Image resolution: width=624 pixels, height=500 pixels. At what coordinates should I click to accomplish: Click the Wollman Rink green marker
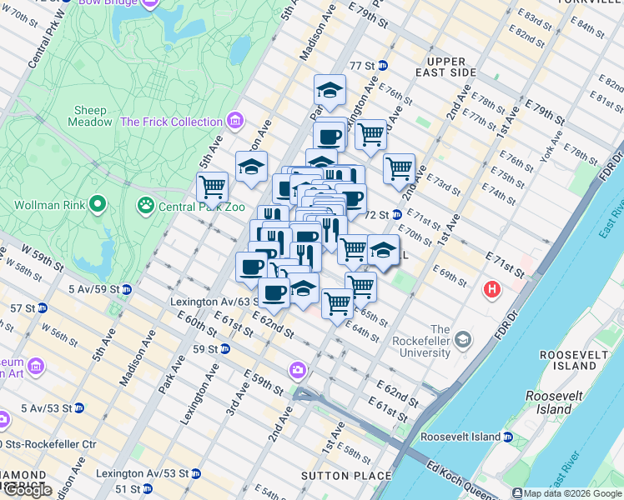point(98,203)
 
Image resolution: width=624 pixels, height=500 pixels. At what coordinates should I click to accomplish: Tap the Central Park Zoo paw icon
point(146,203)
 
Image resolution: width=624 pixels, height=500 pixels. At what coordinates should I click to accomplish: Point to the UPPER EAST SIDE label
point(450,67)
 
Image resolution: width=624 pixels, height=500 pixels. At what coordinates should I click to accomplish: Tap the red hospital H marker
point(492,290)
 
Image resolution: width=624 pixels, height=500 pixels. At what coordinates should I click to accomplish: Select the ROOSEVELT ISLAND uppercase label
point(568,361)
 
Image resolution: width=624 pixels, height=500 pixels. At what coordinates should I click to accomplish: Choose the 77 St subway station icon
point(382,65)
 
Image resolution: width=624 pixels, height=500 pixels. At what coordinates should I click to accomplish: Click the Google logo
point(27,490)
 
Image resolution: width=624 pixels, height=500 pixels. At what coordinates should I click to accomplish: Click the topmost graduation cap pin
point(330,91)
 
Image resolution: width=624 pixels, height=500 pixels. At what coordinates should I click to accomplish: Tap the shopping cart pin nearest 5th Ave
point(212,187)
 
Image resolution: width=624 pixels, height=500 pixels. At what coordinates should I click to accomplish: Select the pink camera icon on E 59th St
point(298,369)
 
